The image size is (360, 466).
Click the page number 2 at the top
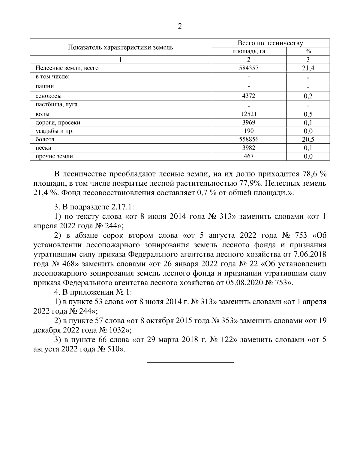[180, 26]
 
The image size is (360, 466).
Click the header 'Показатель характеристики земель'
[120, 47]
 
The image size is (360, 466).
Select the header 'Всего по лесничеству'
[270, 43]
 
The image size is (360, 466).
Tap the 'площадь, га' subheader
[249, 51]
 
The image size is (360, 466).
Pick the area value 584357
[249, 68]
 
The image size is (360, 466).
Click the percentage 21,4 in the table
[308, 68]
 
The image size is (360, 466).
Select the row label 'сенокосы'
[49, 96]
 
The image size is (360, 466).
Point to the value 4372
[249, 96]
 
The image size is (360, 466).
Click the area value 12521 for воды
[249, 114]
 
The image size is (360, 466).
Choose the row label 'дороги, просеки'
[58, 122]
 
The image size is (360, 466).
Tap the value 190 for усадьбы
[249, 131]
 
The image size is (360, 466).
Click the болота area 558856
[249, 139]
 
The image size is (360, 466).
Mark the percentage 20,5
[308, 139]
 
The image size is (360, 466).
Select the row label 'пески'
[43, 148]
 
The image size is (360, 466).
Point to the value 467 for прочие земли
[249, 156]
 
